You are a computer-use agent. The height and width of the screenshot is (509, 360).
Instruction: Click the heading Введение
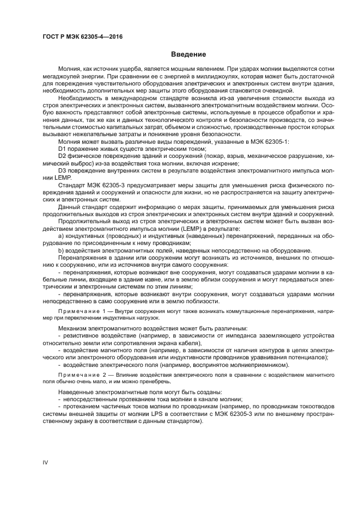tap(188, 54)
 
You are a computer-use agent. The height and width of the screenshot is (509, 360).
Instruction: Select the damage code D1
tap(62, 148)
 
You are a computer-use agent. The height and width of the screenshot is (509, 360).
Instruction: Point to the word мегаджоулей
tap(63, 77)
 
